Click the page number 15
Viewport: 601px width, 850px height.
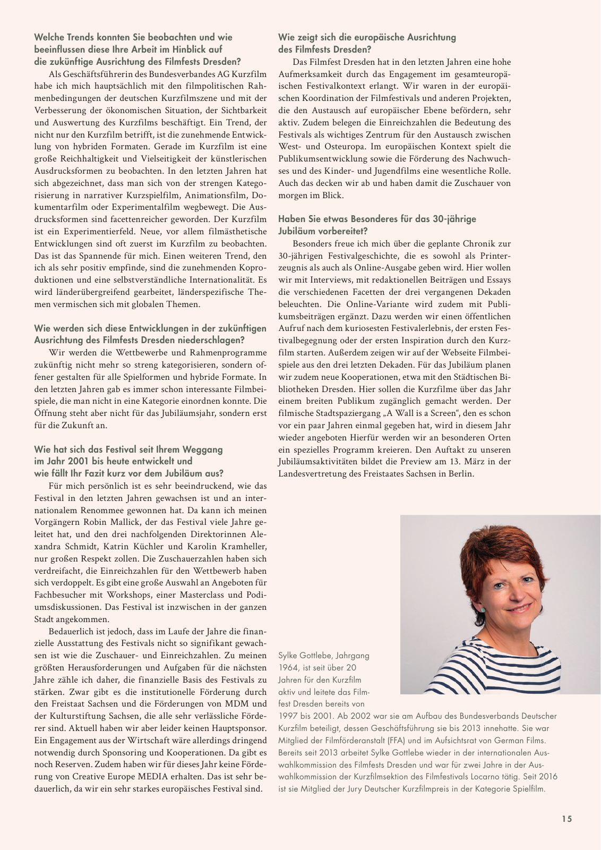click(x=567, y=819)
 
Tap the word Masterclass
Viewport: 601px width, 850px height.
click(x=207, y=595)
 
